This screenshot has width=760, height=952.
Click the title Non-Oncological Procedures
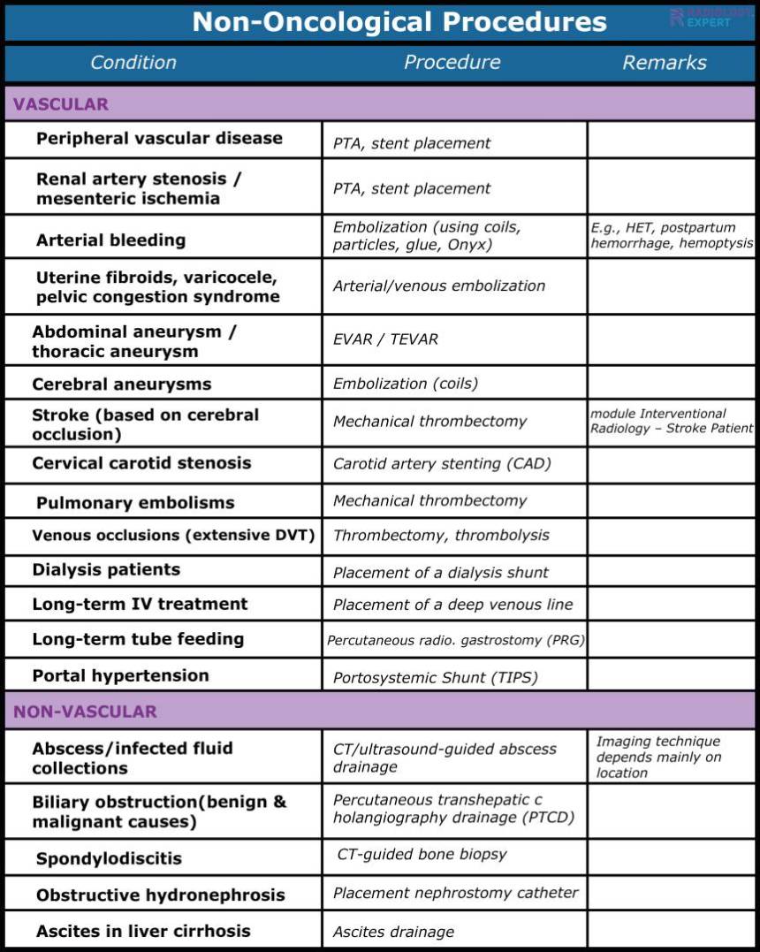[399, 22]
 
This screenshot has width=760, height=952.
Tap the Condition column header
[133, 63]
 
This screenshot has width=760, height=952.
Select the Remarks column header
[664, 63]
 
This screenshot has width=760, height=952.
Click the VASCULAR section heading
[61, 104]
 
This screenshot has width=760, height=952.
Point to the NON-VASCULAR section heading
[85, 712]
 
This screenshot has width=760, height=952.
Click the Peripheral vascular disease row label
[159, 139]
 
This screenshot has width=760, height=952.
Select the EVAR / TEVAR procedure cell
[385, 339]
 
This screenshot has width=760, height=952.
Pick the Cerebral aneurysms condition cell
[122, 385]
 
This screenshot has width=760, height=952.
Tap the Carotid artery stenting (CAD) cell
[442, 464]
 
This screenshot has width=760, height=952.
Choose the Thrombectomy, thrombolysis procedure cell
[441, 536]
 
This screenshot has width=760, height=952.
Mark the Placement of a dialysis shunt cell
[440, 573]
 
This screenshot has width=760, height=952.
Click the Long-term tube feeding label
[138, 639]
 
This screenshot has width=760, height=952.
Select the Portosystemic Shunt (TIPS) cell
[435, 678]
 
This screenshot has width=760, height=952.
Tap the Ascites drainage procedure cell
[393, 932]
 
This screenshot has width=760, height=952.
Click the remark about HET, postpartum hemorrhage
[672, 235]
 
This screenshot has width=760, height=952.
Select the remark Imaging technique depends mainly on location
[658, 757]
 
